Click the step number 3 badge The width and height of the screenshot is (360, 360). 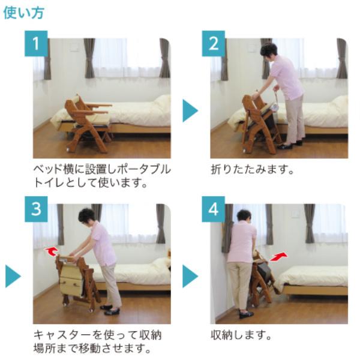[36, 209]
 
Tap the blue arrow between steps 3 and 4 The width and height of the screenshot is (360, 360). [190, 276]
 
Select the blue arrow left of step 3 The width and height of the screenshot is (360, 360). [13, 276]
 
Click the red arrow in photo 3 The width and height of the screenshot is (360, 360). [52, 250]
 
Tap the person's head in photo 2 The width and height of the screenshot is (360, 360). [268, 50]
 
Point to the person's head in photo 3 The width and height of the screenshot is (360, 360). [87, 215]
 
